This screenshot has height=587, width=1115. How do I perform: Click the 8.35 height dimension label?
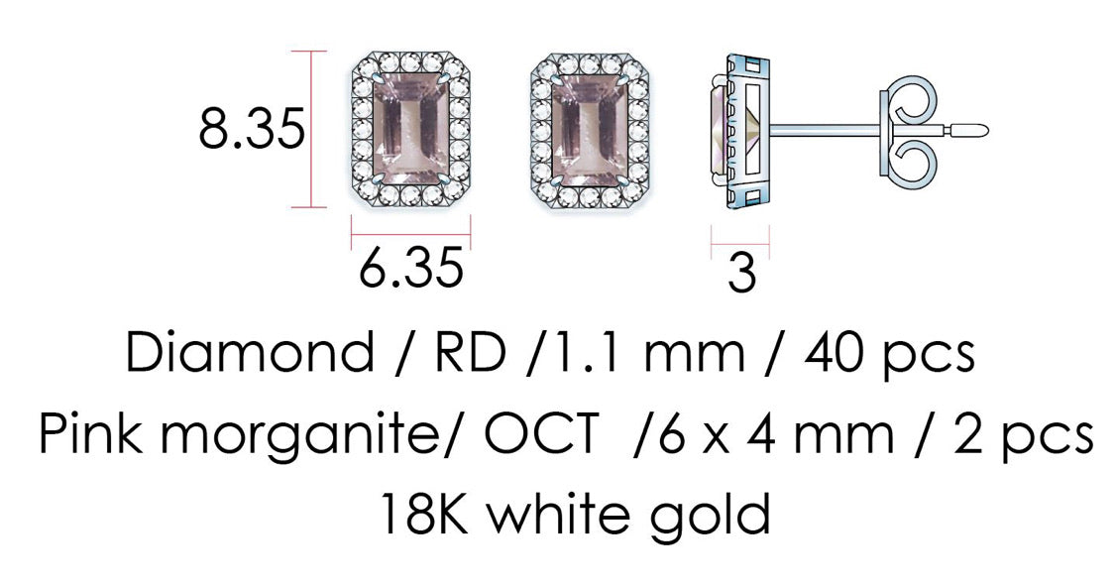[x=252, y=131]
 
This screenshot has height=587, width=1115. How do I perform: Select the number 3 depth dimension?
[x=740, y=274]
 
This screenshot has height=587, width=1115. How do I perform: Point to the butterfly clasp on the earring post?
[x=908, y=129]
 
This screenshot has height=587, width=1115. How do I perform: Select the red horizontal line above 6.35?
[x=410, y=237]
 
